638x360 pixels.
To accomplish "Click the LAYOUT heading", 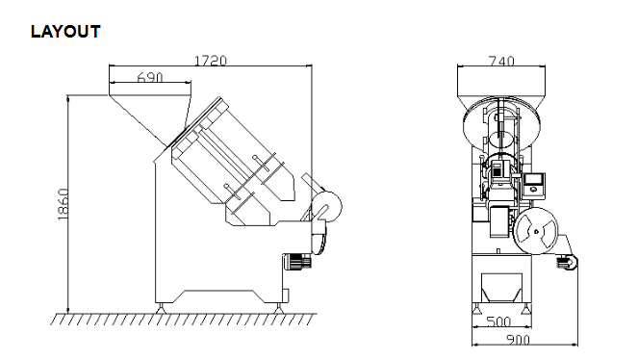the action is point(65,32).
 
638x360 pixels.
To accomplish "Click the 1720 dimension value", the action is point(211,61).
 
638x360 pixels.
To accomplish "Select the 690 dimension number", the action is point(150,77).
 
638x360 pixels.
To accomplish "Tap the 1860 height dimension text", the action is point(63,204).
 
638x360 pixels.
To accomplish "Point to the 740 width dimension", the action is point(501,61).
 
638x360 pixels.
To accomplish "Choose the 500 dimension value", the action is point(498,321).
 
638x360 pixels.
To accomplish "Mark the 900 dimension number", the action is point(518,340).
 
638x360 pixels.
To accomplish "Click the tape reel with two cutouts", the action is point(536,231).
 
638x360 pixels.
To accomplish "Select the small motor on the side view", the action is point(297,261).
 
